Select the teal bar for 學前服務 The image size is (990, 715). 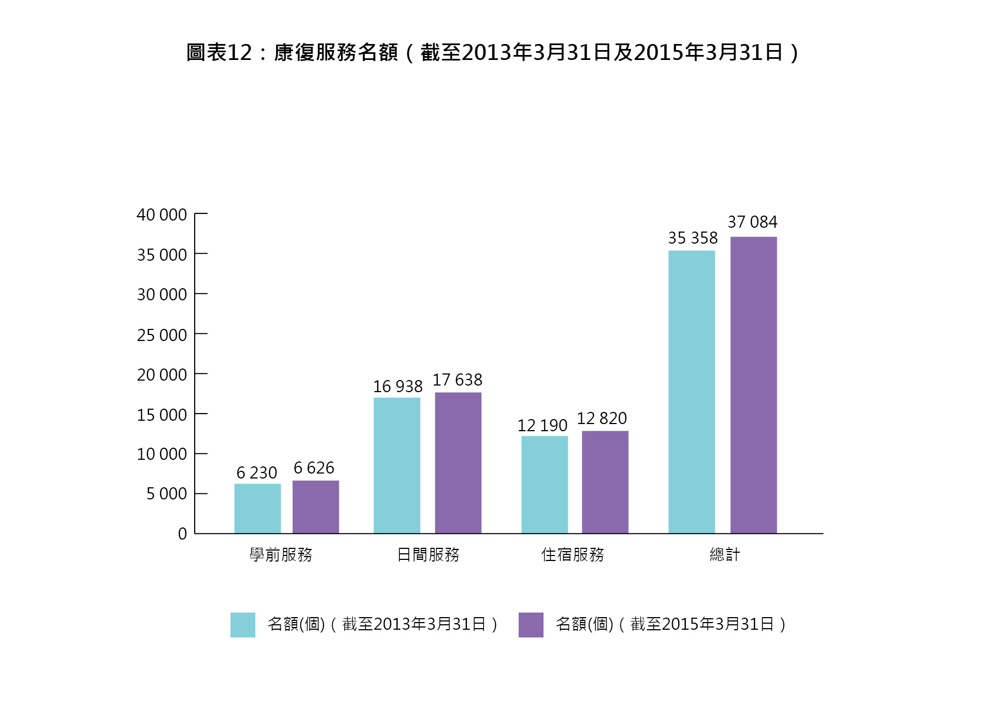click(x=257, y=508)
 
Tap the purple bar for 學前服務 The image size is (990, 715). click(x=316, y=507)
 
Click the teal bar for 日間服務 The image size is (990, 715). click(x=397, y=465)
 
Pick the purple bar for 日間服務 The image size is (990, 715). click(x=458, y=463)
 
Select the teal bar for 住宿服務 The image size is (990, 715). click(x=544, y=485)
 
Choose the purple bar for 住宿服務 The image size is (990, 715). click(x=605, y=482)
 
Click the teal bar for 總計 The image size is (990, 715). click(x=691, y=392)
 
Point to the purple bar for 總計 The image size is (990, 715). click(x=754, y=385)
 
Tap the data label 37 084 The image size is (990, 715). click(x=752, y=222)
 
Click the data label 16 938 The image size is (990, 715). click(x=398, y=387)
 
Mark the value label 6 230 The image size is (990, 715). click(x=256, y=473)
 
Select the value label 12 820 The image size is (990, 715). click(x=602, y=419)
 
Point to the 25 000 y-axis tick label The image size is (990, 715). click(x=162, y=335)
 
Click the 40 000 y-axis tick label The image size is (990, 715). click(x=162, y=215)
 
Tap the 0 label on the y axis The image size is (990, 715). click(x=183, y=533)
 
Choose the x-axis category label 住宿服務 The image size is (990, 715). click(x=573, y=554)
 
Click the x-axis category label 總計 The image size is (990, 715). click(x=724, y=554)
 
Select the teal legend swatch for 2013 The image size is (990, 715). click(x=243, y=625)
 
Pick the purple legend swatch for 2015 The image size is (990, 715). click(x=531, y=625)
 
